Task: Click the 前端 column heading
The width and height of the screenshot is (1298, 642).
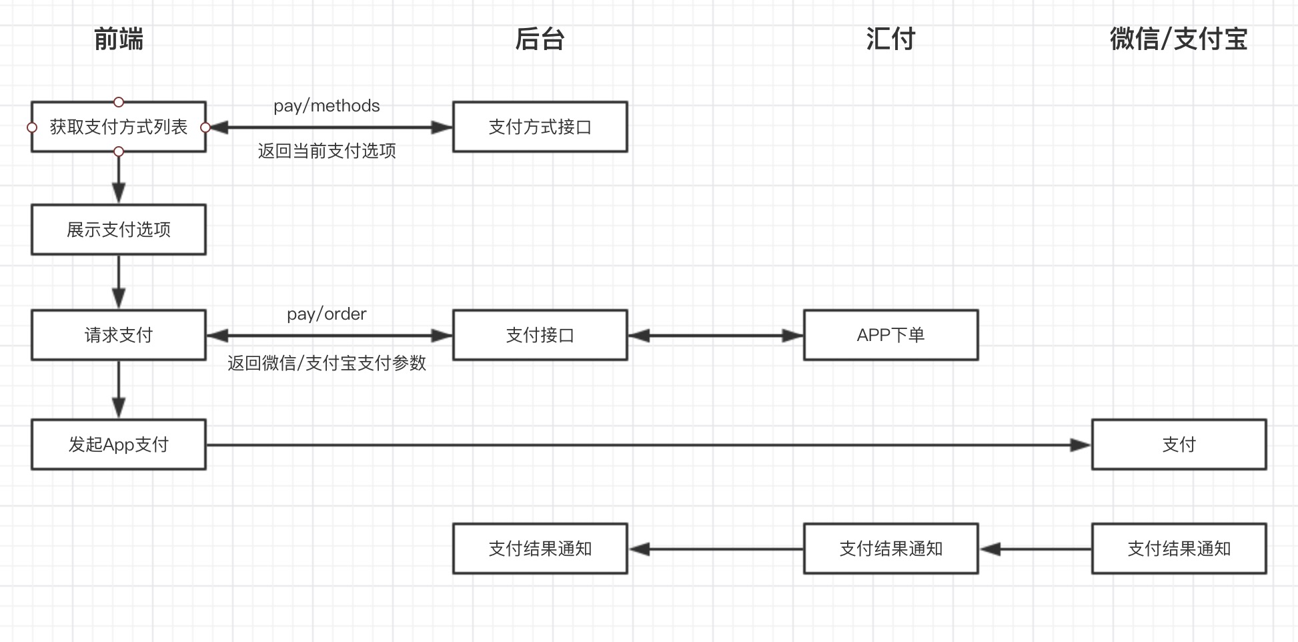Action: click(119, 39)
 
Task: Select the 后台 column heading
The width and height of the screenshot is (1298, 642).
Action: click(540, 39)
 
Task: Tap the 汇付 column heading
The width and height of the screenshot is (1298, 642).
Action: click(890, 39)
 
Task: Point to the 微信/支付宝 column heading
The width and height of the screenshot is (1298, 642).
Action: click(1178, 39)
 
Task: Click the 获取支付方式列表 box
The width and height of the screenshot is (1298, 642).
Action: click(119, 127)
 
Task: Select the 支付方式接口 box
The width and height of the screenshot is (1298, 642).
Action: click(540, 127)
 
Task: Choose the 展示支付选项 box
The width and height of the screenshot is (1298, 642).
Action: click(119, 230)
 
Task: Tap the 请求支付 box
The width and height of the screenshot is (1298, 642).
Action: click(119, 335)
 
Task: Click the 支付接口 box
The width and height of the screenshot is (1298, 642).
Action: click(540, 335)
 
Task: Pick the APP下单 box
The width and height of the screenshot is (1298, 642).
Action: click(890, 335)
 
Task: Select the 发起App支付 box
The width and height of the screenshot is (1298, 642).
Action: click(119, 444)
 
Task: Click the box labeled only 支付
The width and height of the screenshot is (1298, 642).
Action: click(1179, 444)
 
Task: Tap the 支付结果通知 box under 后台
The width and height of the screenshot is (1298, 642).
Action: click(540, 549)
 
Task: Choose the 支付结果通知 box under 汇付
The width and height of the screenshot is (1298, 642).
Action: click(890, 549)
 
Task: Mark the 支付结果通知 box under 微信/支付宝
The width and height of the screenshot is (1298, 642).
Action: click(1179, 549)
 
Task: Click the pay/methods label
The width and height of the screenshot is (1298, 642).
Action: click(326, 106)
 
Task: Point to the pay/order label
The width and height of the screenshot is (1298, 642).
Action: click(326, 314)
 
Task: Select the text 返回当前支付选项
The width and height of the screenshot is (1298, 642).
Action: click(327, 151)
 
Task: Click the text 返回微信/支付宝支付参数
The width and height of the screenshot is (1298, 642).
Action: click(327, 363)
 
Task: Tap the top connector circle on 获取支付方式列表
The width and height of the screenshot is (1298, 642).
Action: click(119, 102)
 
